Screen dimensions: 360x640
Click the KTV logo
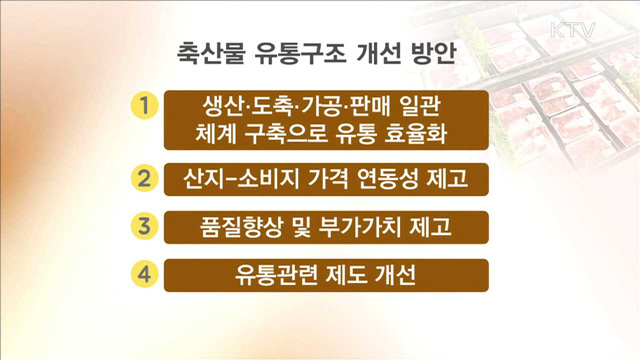click(572, 29)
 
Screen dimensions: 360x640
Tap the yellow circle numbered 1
click(146, 105)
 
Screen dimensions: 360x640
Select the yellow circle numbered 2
click(146, 180)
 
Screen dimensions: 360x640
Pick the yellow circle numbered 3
click(146, 227)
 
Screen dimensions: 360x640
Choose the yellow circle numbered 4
click(146, 273)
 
